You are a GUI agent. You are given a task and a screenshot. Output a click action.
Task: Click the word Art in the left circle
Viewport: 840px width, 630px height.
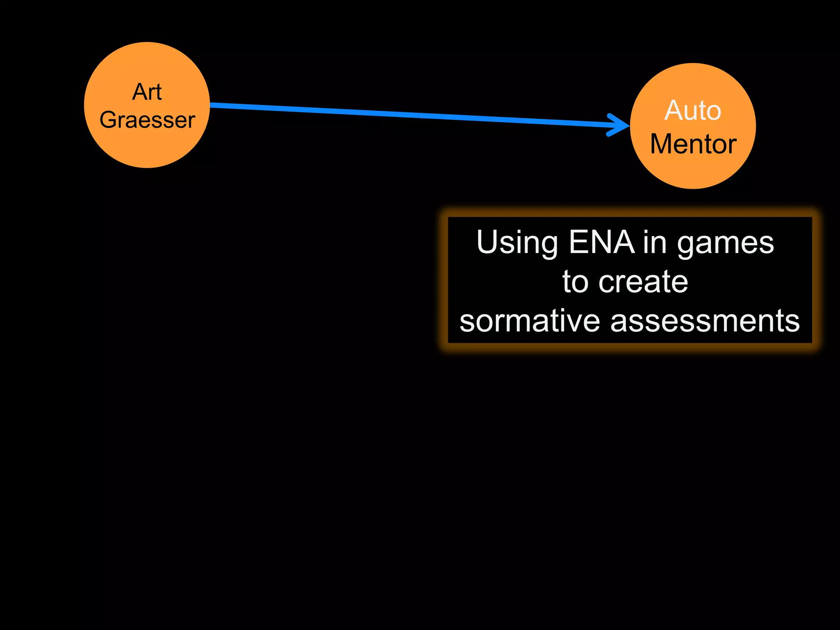[x=147, y=92]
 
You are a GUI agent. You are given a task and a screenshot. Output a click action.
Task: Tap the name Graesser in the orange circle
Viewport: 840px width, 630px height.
[x=147, y=120]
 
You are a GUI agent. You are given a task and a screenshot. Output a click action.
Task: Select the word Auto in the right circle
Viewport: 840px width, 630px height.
[x=693, y=110]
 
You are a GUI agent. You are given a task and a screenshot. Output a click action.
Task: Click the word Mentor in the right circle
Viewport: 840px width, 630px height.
[x=693, y=144]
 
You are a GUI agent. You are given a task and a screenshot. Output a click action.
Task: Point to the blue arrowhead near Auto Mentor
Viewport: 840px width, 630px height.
[x=620, y=124]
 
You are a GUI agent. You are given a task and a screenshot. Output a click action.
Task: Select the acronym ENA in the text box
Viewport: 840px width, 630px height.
[x=602, y=242]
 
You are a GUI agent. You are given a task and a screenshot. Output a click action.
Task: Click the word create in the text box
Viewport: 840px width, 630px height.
[x=643, y=282]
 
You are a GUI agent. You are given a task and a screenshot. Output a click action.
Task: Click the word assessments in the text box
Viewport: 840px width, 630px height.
[x=705, y=321]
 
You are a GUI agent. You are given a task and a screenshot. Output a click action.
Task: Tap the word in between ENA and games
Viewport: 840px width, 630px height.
[x=655, y=242]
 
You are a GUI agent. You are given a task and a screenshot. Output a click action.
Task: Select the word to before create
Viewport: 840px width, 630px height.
[x=575, y=282]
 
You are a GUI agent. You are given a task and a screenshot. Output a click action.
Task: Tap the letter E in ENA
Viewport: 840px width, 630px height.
[x=578, y=242]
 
